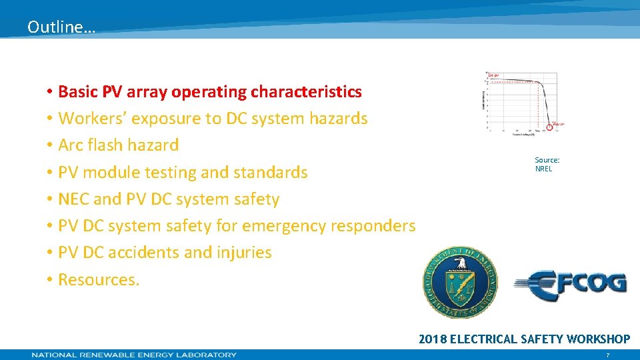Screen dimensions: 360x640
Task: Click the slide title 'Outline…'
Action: (61, 27)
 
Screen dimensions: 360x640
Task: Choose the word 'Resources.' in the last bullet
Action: (99, 279)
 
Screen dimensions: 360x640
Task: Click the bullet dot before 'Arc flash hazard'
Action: (50, 146)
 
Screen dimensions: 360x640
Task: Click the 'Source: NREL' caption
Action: (547, 165)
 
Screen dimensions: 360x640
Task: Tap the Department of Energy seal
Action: (460, 282)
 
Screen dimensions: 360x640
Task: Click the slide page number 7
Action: (607, 355)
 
